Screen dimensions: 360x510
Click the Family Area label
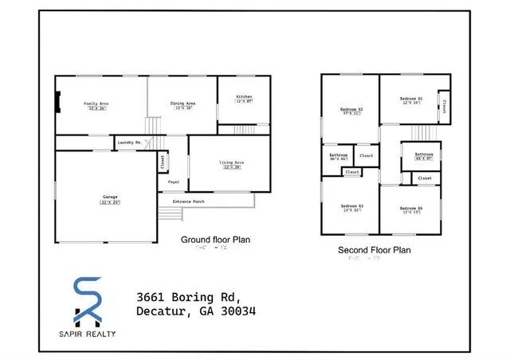97,104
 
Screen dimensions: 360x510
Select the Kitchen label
244,96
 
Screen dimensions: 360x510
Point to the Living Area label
232,162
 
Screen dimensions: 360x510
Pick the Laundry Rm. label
129,142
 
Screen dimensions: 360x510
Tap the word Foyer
173,182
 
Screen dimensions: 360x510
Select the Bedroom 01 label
411,99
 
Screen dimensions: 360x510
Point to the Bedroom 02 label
351,109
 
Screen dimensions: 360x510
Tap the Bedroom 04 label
411,209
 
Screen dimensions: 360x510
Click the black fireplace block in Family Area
57,102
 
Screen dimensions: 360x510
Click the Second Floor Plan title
375,249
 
